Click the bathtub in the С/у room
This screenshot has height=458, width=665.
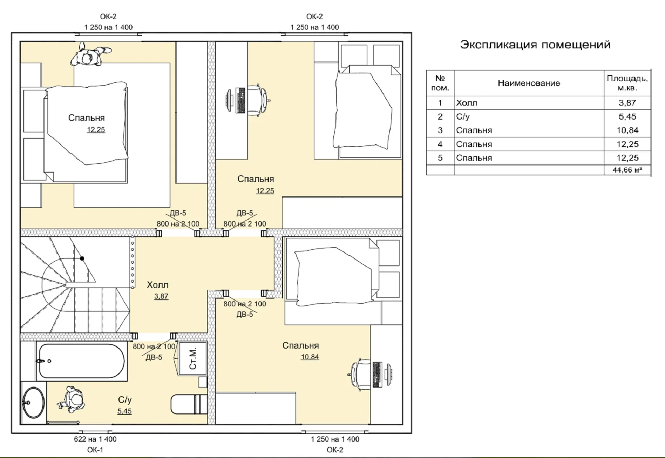click(x=81, y=361)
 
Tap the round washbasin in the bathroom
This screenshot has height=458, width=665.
click(x=34, y=402)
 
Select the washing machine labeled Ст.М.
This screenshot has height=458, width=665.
click(x=193, y=359)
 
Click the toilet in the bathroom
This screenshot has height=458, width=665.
click(x=189, y=404)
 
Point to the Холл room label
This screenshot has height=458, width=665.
click(x=158, y=285)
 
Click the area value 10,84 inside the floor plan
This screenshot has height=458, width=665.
click(x=310, y=357)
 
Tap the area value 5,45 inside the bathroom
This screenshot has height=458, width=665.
click(x=124, y=411)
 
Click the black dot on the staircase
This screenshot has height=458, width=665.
click(x=82, y=259)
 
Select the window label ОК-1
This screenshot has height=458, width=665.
click(x=95, y=450)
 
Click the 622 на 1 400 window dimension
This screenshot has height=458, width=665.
click(x=95, y=439)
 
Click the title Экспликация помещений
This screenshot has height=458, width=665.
click(x=535, y=45)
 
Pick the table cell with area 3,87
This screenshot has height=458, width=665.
click(x=627, y=103)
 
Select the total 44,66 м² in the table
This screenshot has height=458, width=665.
click(x=627, y=170)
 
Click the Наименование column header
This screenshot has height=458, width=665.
click(x=529, y=83)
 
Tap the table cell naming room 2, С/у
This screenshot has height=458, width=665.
click(x=529, y=117)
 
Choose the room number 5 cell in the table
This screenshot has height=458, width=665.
click(x=440, y=158)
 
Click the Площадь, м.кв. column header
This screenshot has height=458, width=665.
click(x=627, y=83)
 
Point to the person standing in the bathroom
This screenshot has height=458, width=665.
click(x=71, y=399)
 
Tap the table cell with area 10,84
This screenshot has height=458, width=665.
click(x=627, y=130)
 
